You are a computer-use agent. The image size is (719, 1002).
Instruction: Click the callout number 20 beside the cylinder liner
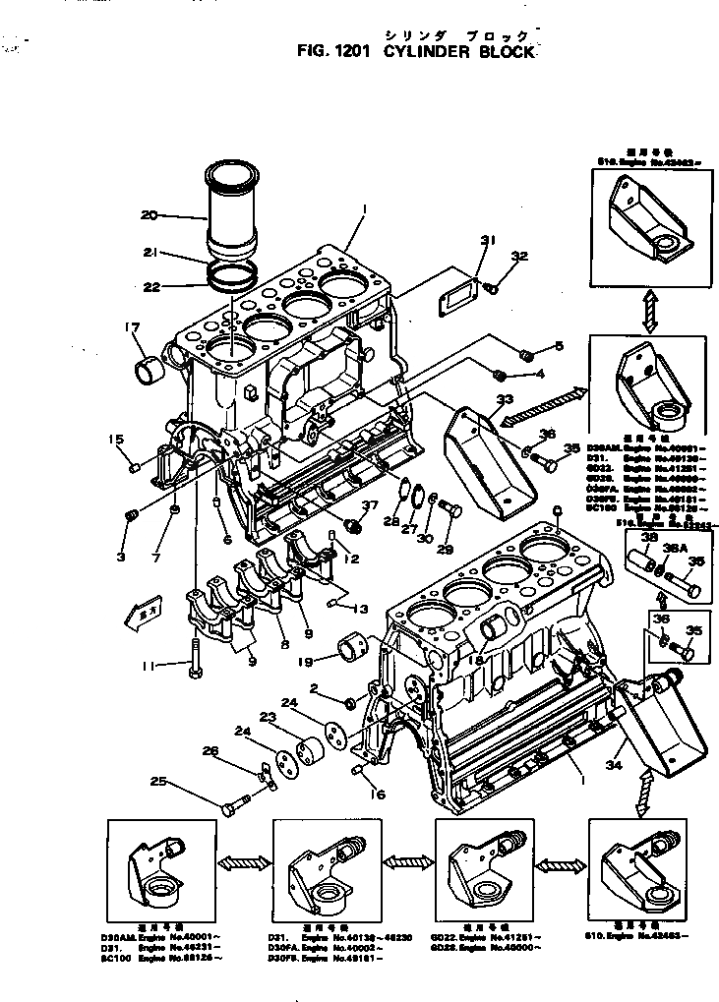pyautogui.click(x=150, y=215)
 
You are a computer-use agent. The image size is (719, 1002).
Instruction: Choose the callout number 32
pyautogui.click(x=518, y=257)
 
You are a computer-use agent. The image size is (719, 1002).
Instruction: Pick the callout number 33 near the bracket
pyautogui.click(x=505, y=399)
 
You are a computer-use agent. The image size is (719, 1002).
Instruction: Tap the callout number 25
pyautogui.click(x=157, y=784)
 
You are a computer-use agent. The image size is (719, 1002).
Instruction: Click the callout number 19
pyautogui.click(x=307, y=662)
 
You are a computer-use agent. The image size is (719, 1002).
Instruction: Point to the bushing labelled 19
pyautogui.click(x=352, y=649)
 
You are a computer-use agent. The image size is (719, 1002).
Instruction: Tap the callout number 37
pyautogui.click(x=369, y=505)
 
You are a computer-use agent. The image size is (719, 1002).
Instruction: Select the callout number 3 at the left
pyautogui.click(x=120, y=557)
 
